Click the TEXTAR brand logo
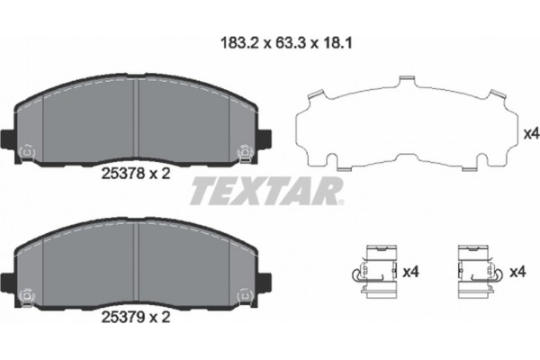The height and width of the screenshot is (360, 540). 266,189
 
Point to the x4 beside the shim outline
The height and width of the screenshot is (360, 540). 531,134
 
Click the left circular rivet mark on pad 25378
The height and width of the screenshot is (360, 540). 26,152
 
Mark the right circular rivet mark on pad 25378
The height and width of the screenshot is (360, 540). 241,152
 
